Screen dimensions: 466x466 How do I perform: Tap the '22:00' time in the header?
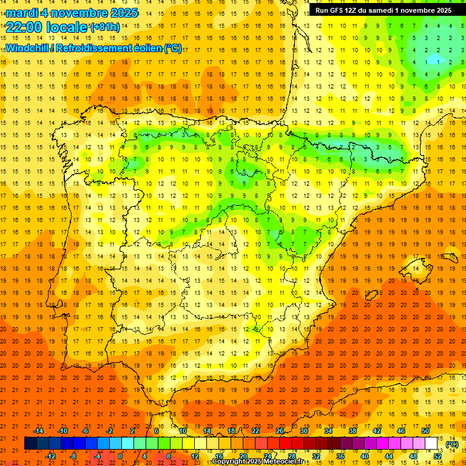coord(24,27)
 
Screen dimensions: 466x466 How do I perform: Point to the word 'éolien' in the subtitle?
coord(143,49)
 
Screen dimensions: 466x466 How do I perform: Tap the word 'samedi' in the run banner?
coord(380,10)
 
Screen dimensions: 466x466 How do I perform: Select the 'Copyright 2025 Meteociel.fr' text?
coord(258,462)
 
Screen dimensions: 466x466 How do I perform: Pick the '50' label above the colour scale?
coord(425,431)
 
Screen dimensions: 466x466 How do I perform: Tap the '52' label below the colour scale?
coord(437,456)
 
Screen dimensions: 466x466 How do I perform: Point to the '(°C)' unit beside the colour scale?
coord(452,444)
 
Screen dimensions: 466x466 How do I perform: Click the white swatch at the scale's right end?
coord(431,444)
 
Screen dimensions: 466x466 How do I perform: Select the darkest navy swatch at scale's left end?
coord(30,444)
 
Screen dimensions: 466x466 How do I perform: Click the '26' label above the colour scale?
coord(280,431)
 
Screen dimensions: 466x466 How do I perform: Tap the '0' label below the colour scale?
coord(121,456)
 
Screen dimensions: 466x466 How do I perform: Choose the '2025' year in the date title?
coord(120,13)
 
